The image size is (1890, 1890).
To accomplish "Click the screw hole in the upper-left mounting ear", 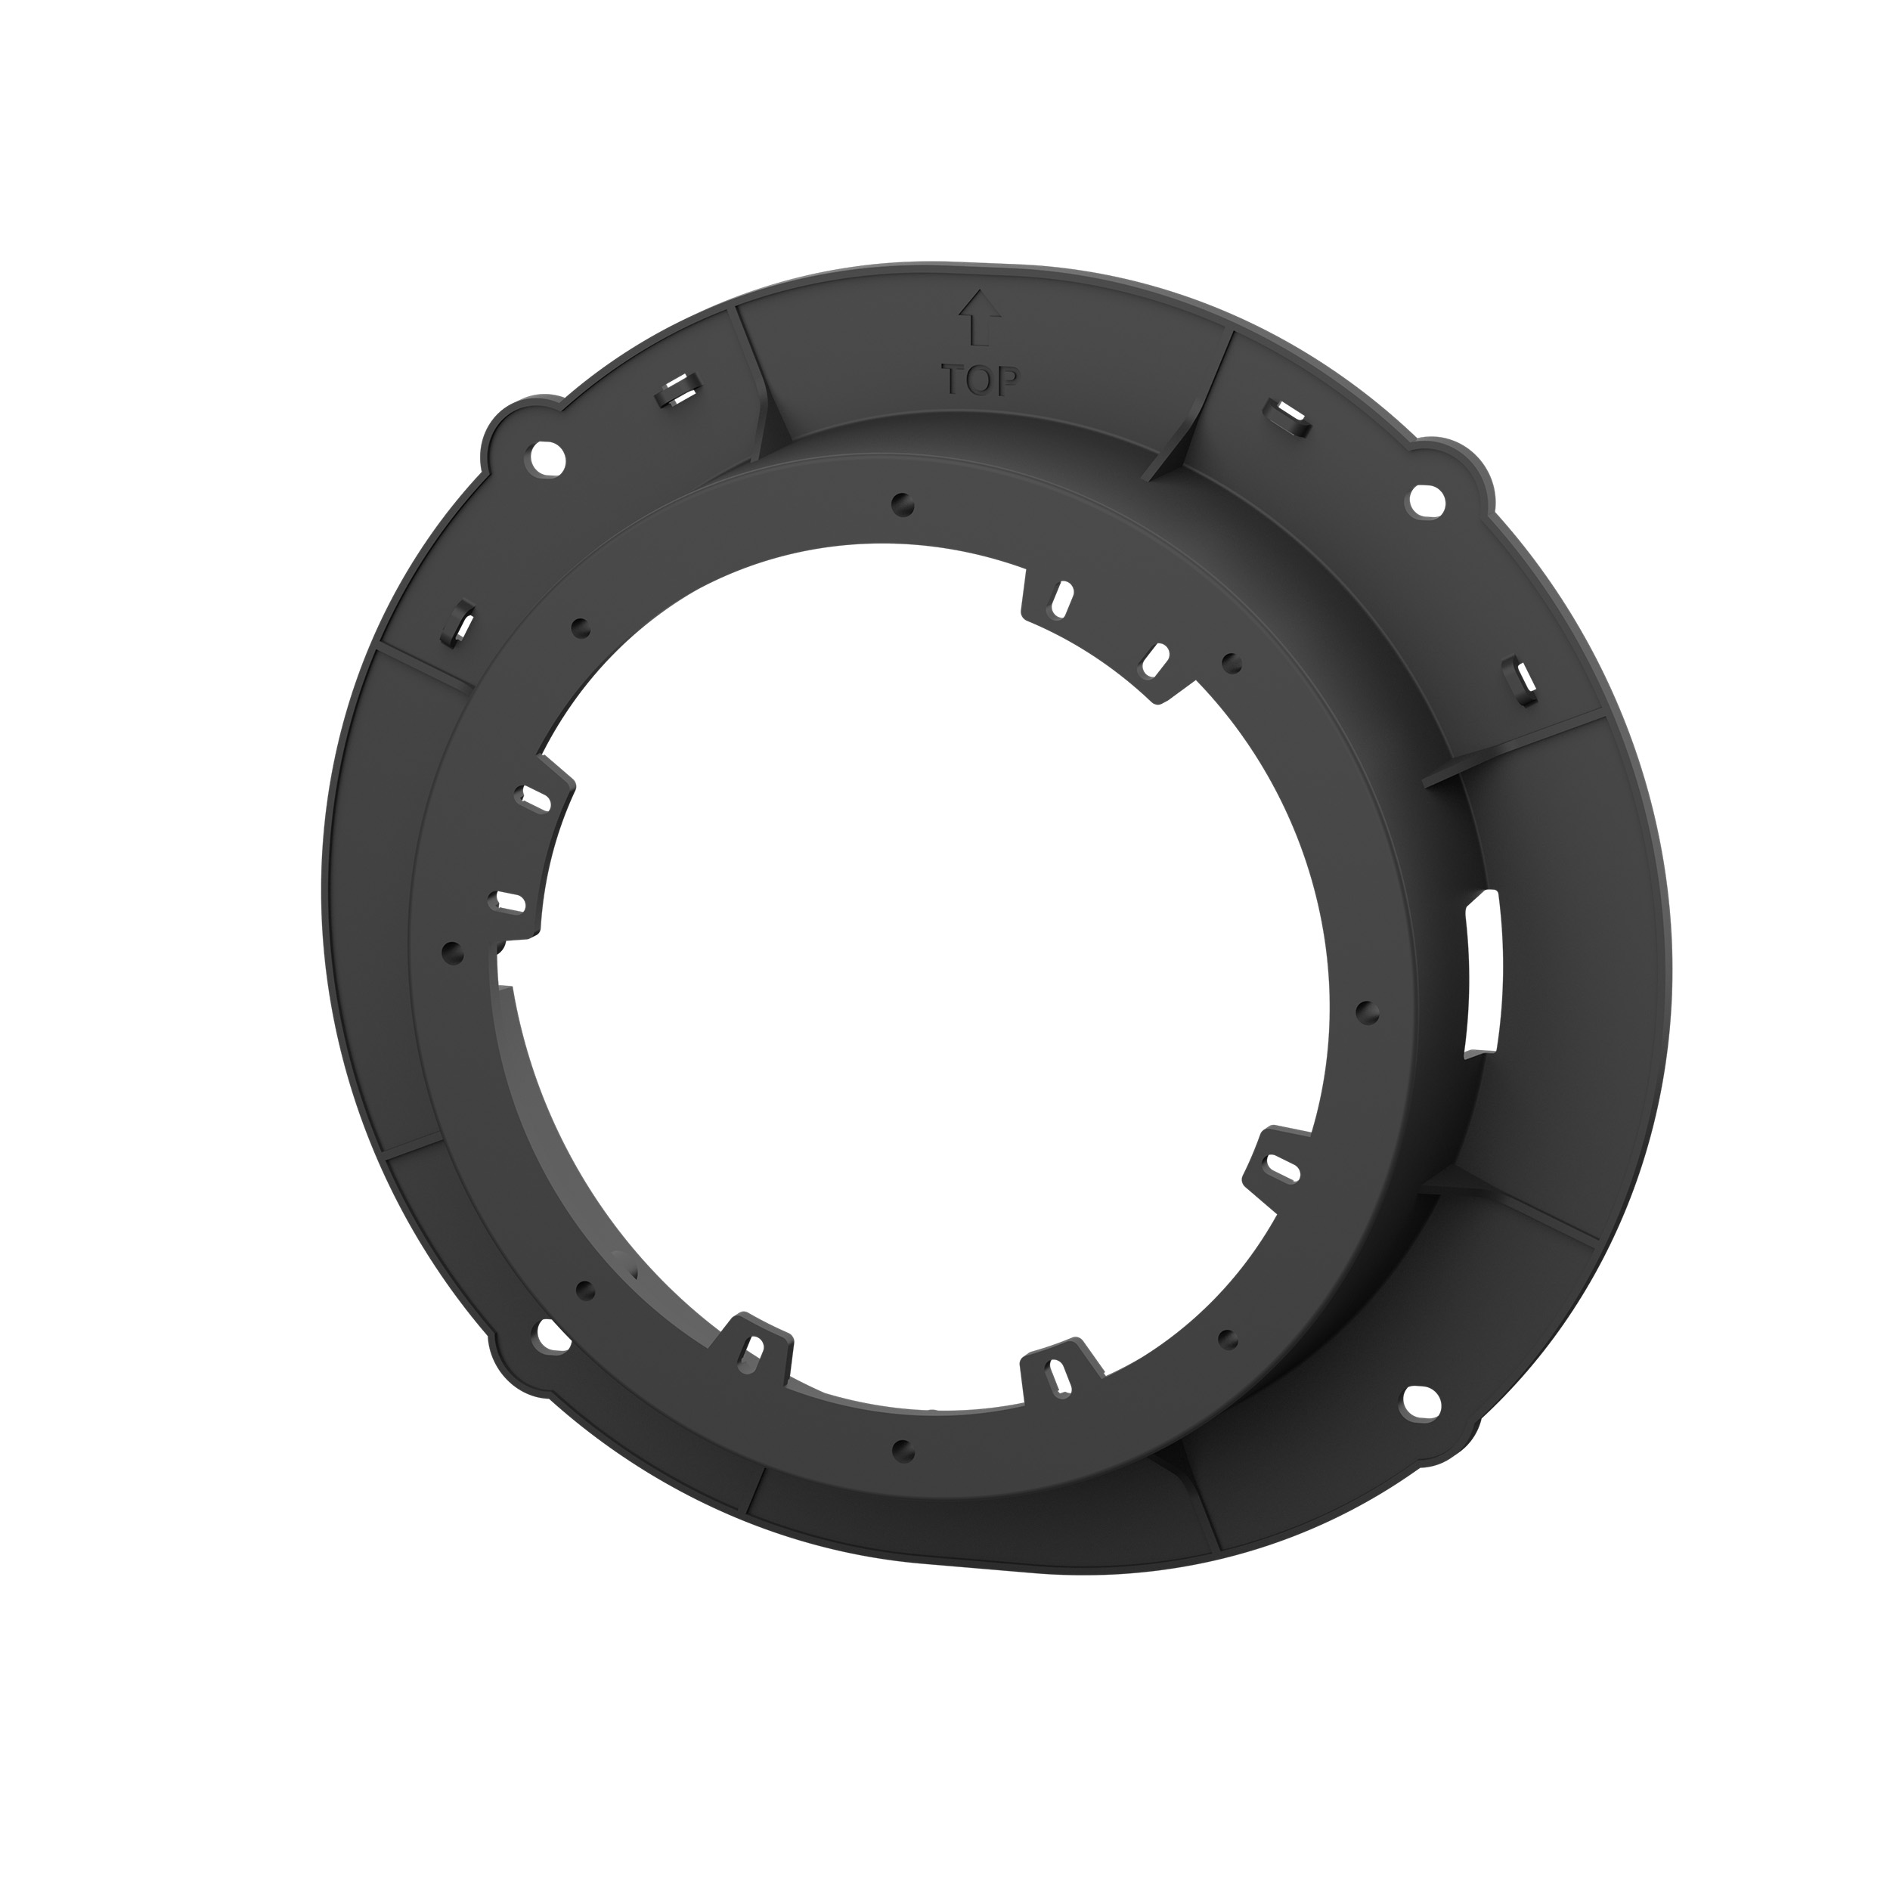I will coord(546,455).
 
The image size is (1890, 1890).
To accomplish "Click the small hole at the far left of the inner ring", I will coord(452,951).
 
